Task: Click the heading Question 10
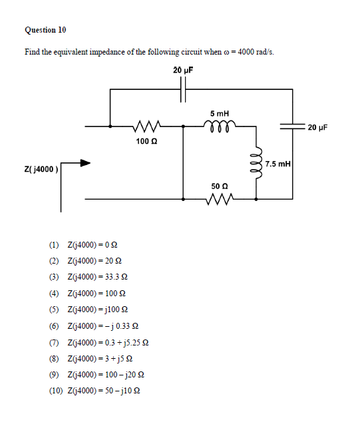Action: click(x=45, y=30)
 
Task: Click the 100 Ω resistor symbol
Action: click(x=145, y=125)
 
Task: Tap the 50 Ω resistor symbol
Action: click(x=220, y=198)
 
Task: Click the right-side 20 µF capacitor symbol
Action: click(x=291, y=126)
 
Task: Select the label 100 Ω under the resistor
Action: click(x=146, y=141)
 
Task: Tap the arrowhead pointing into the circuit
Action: click(x=85, y=162)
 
